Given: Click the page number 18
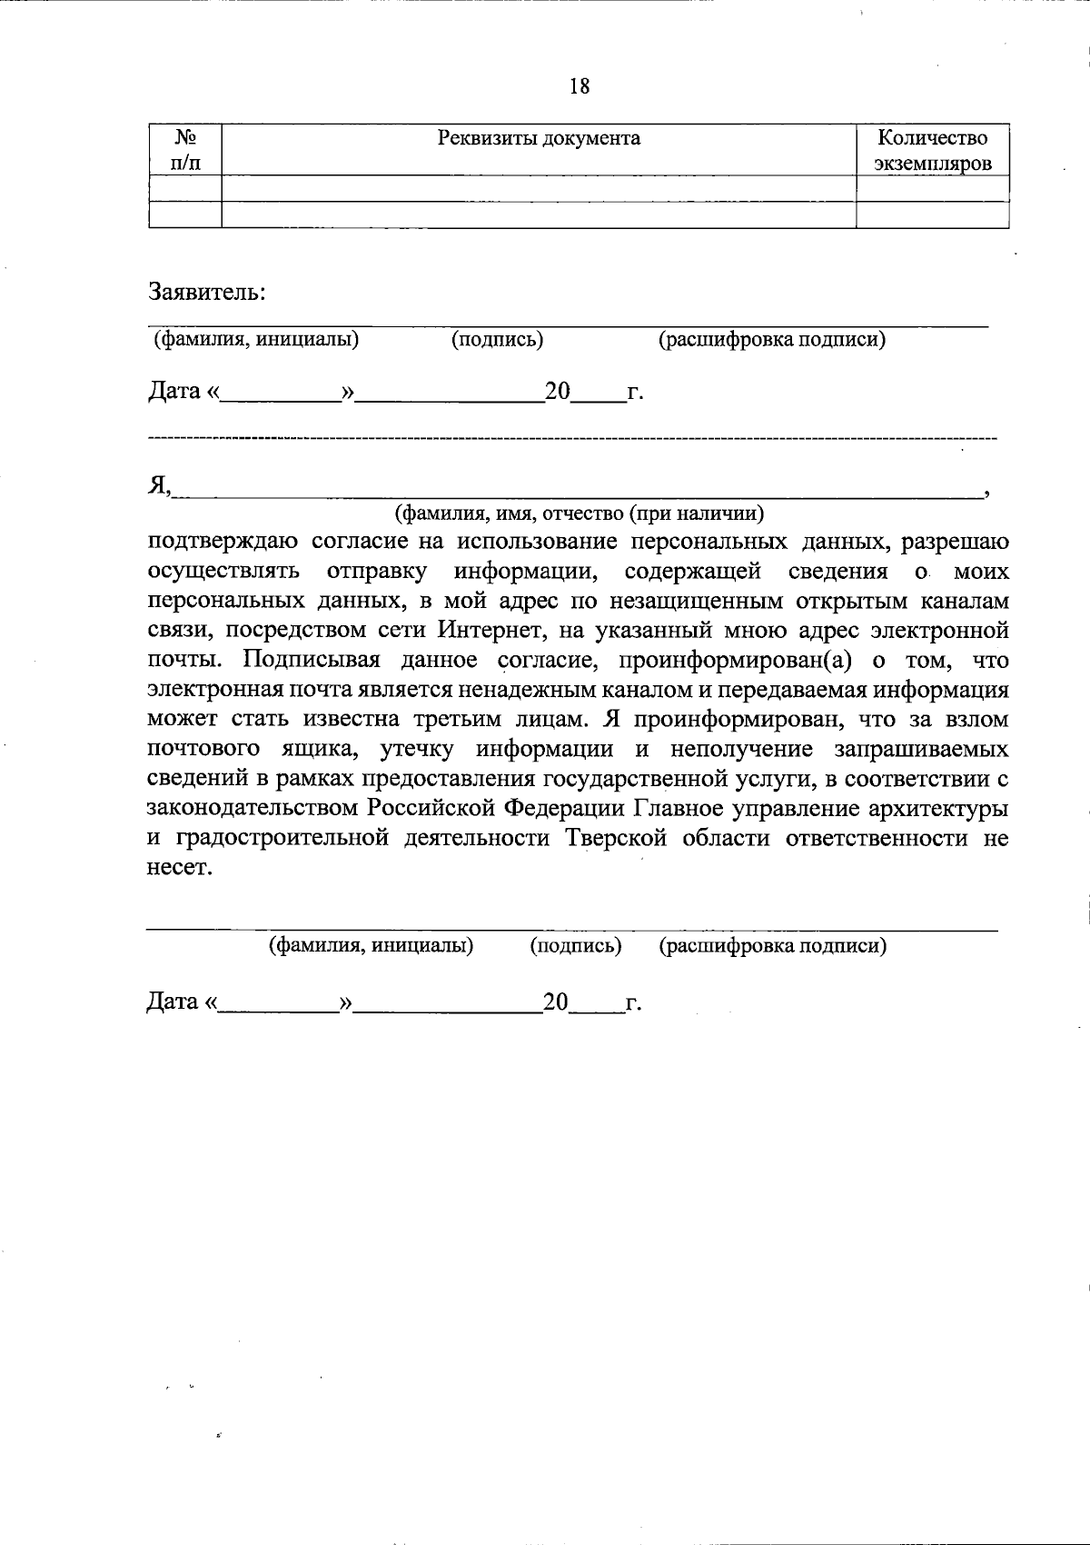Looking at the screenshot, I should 580,86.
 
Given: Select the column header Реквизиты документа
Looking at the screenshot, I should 539,138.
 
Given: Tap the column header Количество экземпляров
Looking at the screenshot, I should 933,151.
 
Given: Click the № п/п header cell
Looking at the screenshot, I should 186,151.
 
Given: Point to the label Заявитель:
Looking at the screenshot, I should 207,293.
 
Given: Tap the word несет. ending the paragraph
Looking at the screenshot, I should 180,867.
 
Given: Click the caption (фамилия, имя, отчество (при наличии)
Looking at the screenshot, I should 579,513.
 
